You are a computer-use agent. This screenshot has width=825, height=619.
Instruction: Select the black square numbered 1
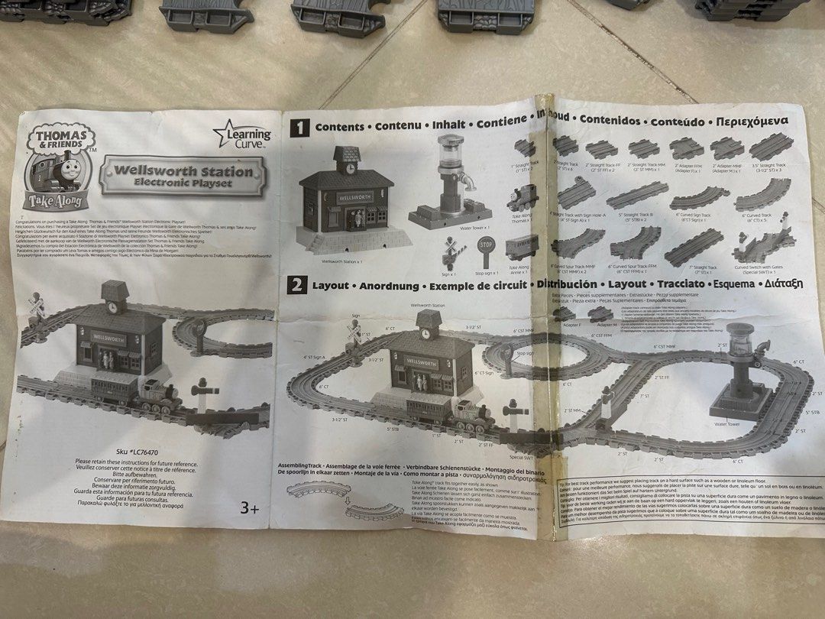(299, 128)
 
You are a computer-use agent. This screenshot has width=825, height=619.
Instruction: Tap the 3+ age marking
(250, 507)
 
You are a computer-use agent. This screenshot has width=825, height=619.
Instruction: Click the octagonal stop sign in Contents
(485, 248)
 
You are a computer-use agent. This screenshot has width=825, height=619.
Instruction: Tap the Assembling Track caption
(302, 465)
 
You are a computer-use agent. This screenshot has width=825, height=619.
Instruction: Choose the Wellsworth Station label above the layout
(427, 305)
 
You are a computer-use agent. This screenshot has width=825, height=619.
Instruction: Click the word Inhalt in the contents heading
(449, 124)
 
